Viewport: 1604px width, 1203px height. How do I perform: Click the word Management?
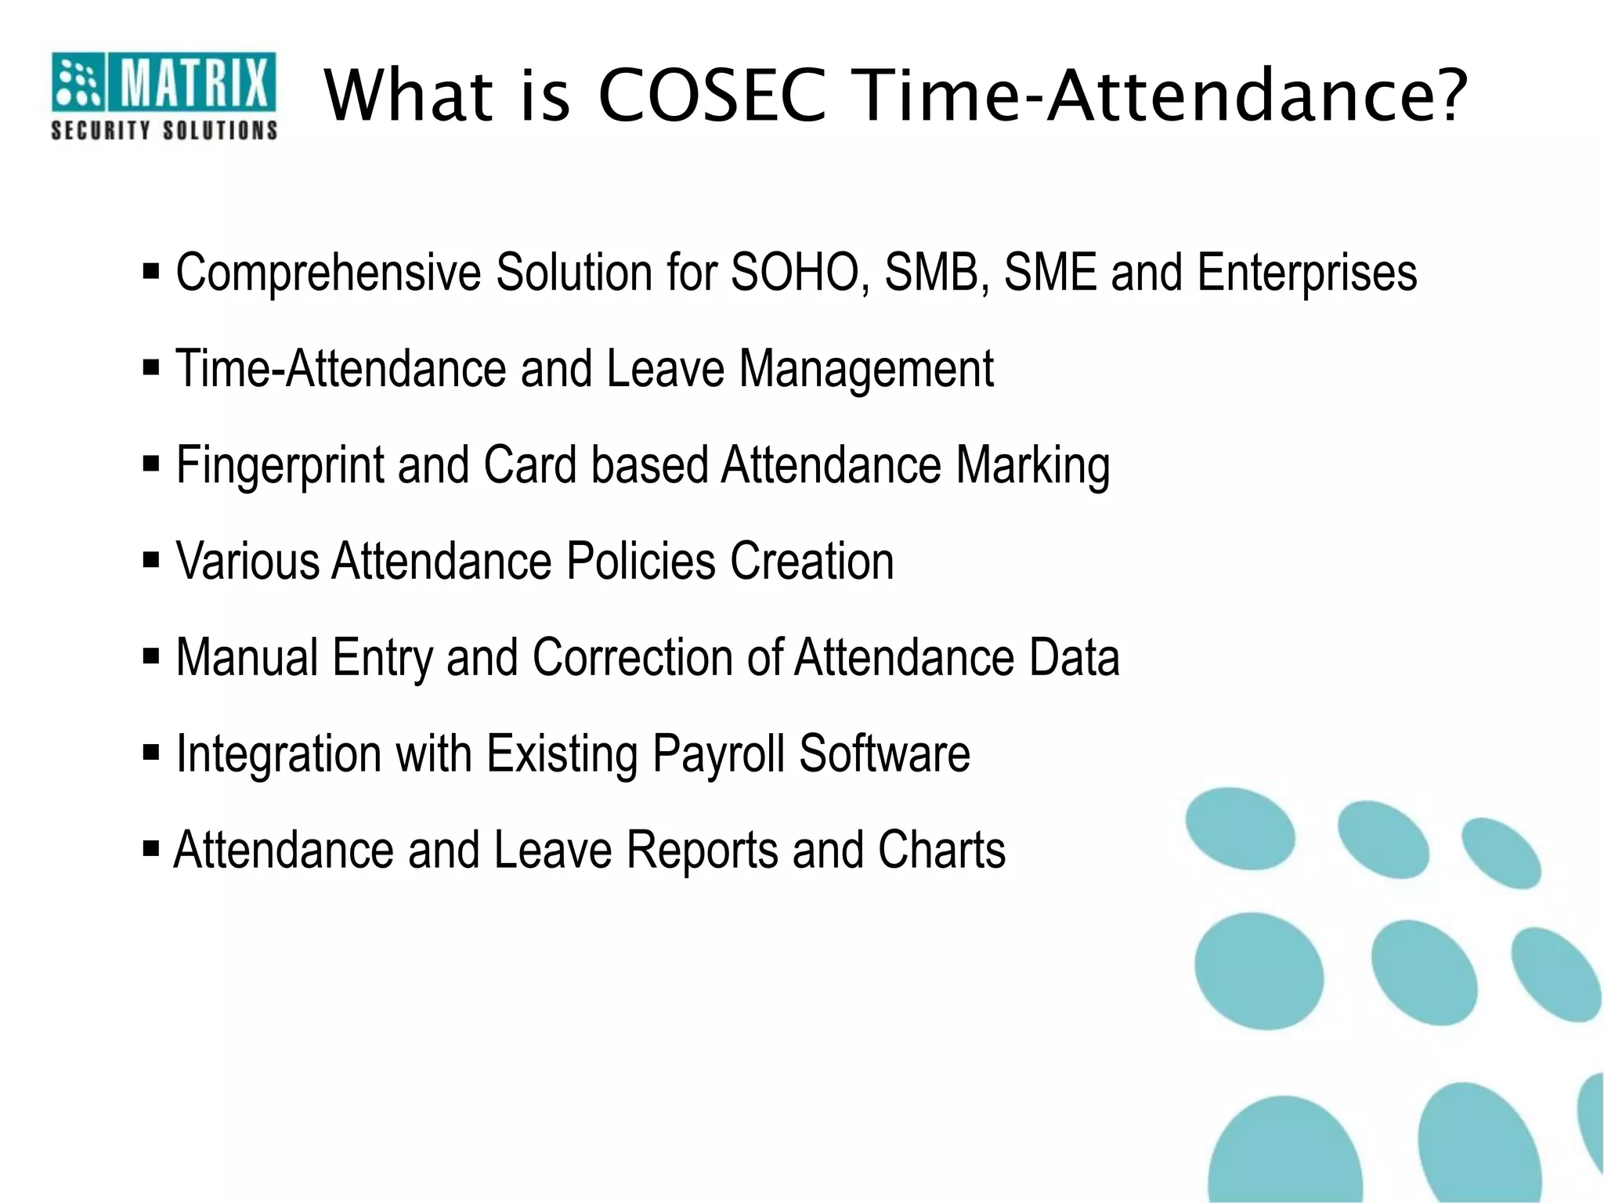point(866,369)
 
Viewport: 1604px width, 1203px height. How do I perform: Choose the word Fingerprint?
point(280,465)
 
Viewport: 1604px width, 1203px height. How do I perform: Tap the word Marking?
point(1032,465)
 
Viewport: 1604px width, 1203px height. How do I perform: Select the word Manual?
point(247,657)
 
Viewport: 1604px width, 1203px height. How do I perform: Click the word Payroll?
point(718,753)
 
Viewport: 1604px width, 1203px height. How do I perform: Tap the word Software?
point(884,753)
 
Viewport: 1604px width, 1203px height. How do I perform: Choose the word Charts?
point(941,850)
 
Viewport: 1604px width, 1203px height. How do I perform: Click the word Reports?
point(703,850)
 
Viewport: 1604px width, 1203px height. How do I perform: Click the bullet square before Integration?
point(151,753)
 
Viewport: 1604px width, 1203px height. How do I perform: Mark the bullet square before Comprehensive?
point(151,273)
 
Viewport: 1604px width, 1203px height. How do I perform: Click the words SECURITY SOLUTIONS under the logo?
point(164,130)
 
